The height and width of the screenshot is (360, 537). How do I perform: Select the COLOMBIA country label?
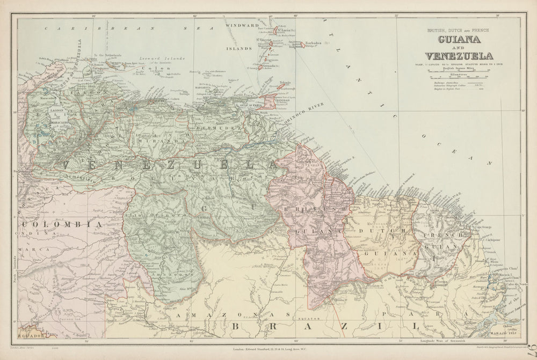61,225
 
